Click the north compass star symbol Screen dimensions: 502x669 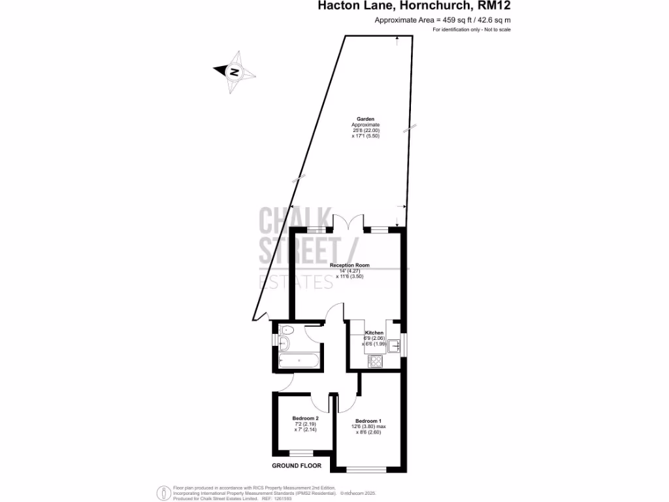(x=233, y=72)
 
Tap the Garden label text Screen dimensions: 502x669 (x=365, y=118)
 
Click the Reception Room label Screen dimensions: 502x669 (x=350, y=265)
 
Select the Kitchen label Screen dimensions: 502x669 (x=374, y=333)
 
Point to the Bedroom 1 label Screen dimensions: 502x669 (x=368, y=421)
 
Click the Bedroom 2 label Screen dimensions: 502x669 (x=305, y=418)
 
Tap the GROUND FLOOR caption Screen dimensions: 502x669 (x=297, y=466)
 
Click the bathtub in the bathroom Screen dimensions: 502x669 (x=299, y=360)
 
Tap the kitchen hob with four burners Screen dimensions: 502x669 (x=375, y=360)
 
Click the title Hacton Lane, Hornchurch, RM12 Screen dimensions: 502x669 (x=414, y=7)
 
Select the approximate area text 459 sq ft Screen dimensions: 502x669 (x=442, y=20)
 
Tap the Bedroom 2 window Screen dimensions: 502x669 (x=301, y=453)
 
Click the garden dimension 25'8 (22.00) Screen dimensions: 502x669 (x=365, y=130)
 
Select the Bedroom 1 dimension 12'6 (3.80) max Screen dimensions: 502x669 (x=371, y=427)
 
